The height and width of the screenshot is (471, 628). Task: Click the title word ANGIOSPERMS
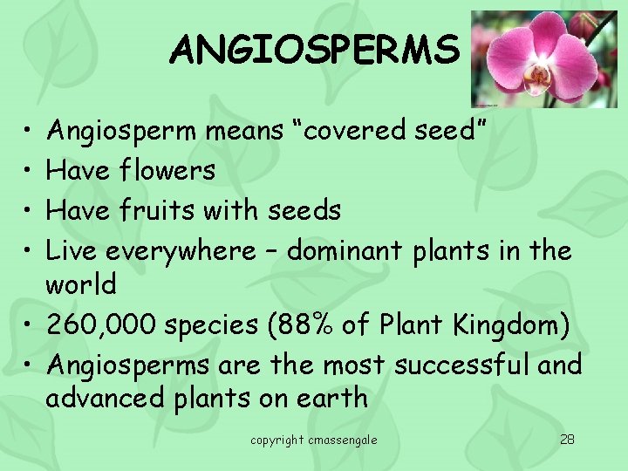tap(314, 50)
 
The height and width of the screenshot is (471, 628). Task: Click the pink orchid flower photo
tap(543, 58)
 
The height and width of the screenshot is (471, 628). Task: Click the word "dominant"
tap(344, 251)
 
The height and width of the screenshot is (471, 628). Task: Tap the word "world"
tap(80, 284)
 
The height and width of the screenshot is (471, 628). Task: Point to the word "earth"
tap(331, 399)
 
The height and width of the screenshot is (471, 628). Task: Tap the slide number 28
tap(567, 439)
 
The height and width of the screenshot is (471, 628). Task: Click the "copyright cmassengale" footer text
tap(314, 440)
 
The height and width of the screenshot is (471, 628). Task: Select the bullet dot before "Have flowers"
tap(30, 171)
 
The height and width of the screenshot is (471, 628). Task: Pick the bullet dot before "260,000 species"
tap(30, 326)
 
